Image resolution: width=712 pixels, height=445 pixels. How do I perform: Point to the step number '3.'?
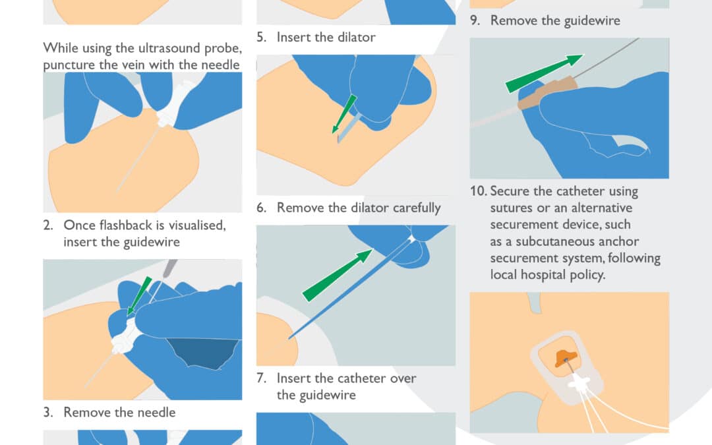click(48, 412)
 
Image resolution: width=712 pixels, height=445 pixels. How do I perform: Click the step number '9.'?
click(475, 20)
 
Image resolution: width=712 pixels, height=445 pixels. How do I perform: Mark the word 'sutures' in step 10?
click(512, 208)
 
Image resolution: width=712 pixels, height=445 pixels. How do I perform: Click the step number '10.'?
click(478, 192)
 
